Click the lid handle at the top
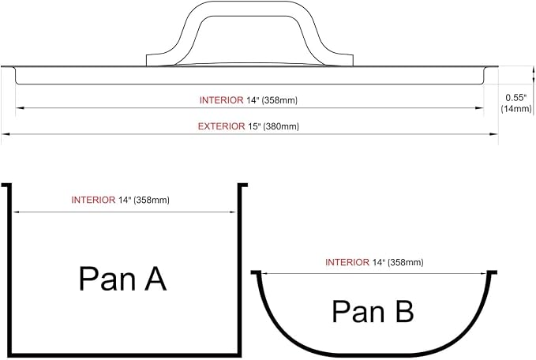[249, 9]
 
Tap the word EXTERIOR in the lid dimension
[222, 126]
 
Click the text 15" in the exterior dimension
[254, 126]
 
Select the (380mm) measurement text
[281, 127]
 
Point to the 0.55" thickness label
[515, 98]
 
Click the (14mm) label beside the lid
[516, 109]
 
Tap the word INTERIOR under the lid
[222, 100]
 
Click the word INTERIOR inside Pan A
[93, 200]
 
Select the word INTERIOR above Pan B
[347, 262]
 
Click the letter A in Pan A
[156, 279]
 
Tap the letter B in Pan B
[405, 311]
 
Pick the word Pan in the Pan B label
[358, 312]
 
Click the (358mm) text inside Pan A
[152, 201]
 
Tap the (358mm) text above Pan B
[406, 263]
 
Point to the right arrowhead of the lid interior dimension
[479, 108]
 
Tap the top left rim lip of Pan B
[256, 272]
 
